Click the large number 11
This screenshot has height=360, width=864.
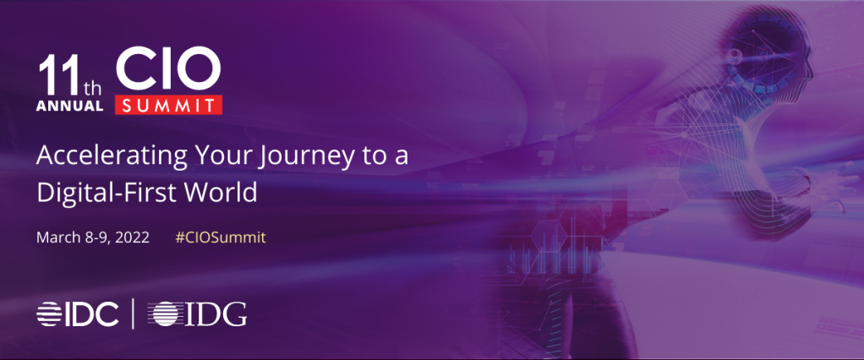pyautogui.click(x=58, y=76)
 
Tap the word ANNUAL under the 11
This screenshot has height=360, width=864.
pyautogui.click(x=70, y=106)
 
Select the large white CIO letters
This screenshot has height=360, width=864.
pyautogui.click(x=168, y=70)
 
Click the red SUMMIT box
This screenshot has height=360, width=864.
pyautogui.click(x=168, y=105)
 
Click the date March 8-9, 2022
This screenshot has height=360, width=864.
pyautogui.click(x=93, y=237)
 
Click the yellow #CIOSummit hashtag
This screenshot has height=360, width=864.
pyautogui.click(x=221, y=237)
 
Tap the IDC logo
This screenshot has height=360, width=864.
pyautogui.click(x=78, y=314)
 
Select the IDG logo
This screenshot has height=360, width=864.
pyautogui.click(x=200, y=314)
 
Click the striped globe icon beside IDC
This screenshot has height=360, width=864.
pyautogui.click(x=49, y=314)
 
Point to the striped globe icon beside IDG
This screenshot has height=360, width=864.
pyautogui.click(x=166, y=314)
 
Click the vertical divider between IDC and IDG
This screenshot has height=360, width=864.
pyautogui.click(x=133, y=314)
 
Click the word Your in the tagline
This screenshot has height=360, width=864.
pyautogui.click(x=230, y=157)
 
